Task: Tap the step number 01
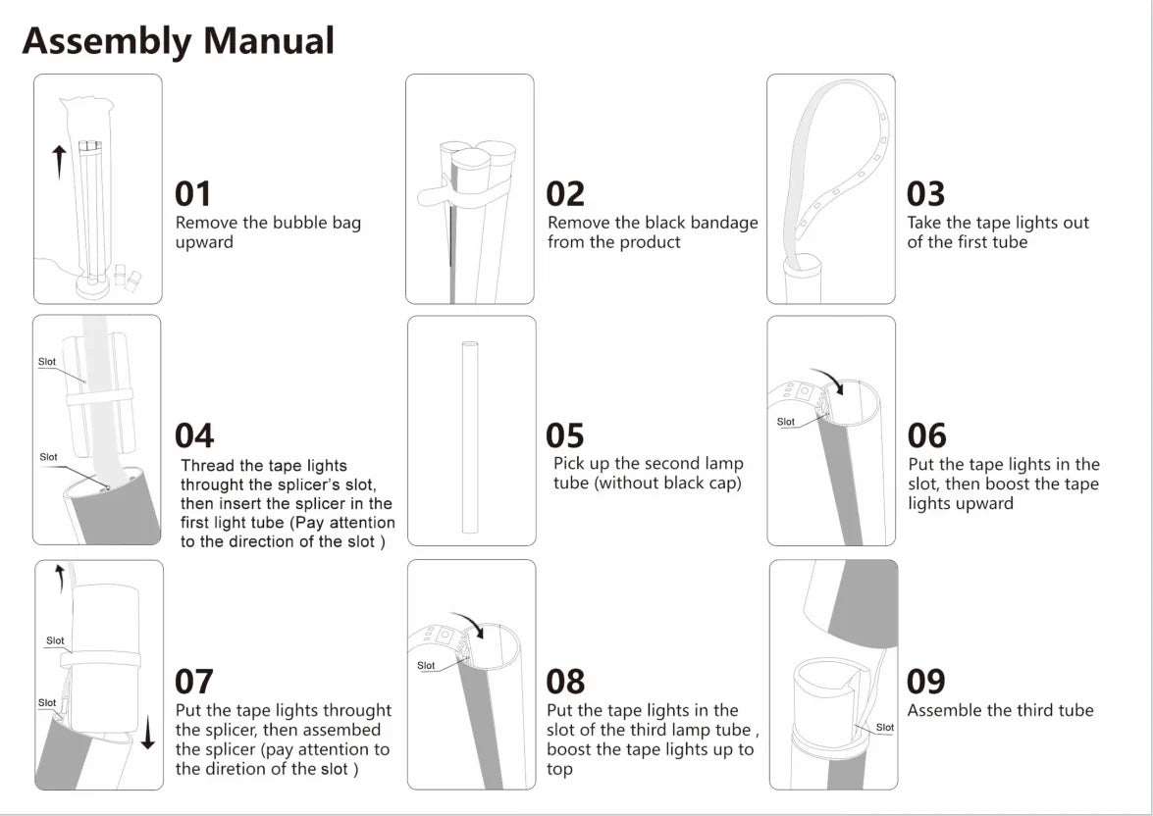tap(193, 194)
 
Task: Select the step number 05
tap(565, 435)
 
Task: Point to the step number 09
tap(925, 682)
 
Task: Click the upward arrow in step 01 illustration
tap(59, 162)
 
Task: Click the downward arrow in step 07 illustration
tap(148, 733)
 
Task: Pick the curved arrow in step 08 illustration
tap(467, 624)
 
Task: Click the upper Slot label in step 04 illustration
tap(47, 362)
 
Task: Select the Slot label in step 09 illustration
tap(884, 727)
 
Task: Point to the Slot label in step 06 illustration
tap(785, 422)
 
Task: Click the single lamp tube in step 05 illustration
tap(470, 436)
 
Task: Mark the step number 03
tap(925, 194)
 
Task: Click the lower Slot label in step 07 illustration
tap(47, 703)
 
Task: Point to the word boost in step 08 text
tap(568, 749)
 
